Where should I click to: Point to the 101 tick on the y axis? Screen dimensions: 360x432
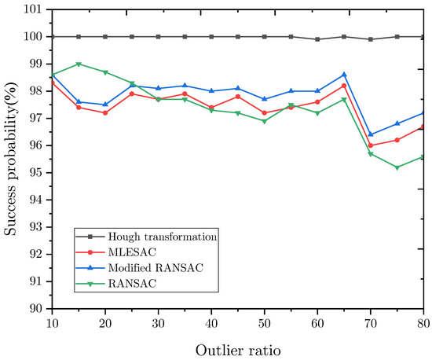click(x=35, y=9)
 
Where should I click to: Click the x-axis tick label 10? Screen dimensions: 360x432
click(x=51, y=323)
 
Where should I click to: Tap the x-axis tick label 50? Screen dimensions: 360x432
click(x=265, y=323)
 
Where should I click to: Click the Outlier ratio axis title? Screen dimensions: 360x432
click(x=237, y=346)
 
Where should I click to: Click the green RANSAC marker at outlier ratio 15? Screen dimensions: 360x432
click(x=78, y=64)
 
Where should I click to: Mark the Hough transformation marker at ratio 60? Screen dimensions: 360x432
click(x=318, y=39)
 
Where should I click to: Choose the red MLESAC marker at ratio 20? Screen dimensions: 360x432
click(x=104, y=112)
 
